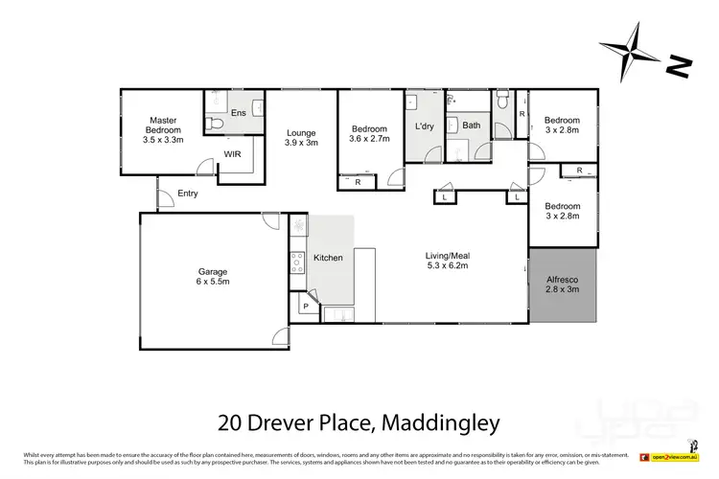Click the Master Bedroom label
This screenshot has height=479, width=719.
click(x=164, y=129)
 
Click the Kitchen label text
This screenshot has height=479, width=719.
click(x=328, y=258)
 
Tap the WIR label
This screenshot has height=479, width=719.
click(x=232, y=153)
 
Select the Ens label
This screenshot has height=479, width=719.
click(x=240, y=112)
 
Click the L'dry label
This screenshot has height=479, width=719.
click(x=425, y=125)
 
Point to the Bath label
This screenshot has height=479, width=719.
click(x=471, y=125)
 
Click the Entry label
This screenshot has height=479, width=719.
click(x=189, y=194)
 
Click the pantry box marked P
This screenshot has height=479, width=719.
click(x=305, y=307)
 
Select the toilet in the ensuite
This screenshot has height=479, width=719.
click(x=216, y=124)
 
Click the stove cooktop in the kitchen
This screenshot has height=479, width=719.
click(x=297, y=262)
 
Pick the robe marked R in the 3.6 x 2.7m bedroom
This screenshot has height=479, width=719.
click(x=358, y=181)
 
